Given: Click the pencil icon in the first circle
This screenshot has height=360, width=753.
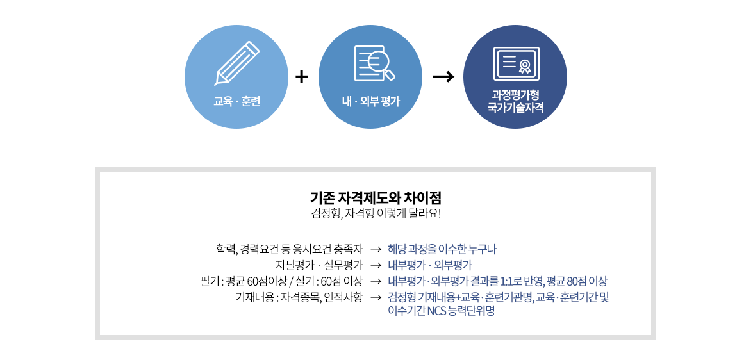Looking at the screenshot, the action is [x=236, y=63].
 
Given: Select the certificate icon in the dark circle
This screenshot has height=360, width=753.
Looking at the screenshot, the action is [x=517, y=63].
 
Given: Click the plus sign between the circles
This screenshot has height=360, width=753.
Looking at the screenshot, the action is [x=301, y=78].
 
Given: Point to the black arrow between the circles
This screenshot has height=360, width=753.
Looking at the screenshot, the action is [x=443, y=78].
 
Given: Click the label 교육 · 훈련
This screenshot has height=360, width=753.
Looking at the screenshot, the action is [x=236, y=102].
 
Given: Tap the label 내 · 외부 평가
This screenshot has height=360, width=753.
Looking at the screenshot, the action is [x=370, y=102].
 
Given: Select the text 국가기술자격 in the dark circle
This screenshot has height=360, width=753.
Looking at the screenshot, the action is [x=515, y=107].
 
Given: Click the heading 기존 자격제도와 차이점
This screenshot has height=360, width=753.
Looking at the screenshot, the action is [x=376, y=197].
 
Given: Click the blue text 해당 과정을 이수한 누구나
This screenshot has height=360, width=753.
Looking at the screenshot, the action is [x=442, y=250].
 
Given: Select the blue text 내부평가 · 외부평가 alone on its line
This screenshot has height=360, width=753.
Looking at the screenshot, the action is [x=430, y=265].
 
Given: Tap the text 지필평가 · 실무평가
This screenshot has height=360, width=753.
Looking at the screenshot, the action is [x=319, y=265].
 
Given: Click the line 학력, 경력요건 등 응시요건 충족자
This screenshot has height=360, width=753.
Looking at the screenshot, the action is [x=290, y=250].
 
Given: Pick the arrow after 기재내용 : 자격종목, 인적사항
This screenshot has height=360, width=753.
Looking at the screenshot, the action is [x=376, y=298].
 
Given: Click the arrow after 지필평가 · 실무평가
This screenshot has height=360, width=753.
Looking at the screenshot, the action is [x=376, y=265].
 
